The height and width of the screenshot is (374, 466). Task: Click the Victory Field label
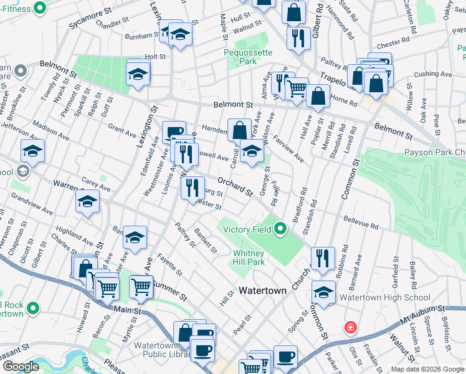coord(247,229)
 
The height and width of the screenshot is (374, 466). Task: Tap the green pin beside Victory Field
coord(280,229)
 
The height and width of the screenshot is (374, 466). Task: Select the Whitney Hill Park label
coord(249,257)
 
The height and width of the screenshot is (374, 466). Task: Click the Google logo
coord(21,367)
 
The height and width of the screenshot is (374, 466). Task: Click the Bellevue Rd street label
coord(361,223)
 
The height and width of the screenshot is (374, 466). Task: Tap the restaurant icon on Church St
coord(323,257)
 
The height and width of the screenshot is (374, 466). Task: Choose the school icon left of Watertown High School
coord(323,291)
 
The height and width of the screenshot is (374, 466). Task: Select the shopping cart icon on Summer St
coord(142,287)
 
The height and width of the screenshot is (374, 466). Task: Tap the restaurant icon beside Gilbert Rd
coord(298,37)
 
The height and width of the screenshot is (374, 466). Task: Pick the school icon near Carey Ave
coord(88,201)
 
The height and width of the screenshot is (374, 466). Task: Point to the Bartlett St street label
coord(205,240)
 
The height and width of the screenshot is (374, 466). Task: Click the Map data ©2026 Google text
coord(427,368)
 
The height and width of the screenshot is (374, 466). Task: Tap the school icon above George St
coord(252,151)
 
